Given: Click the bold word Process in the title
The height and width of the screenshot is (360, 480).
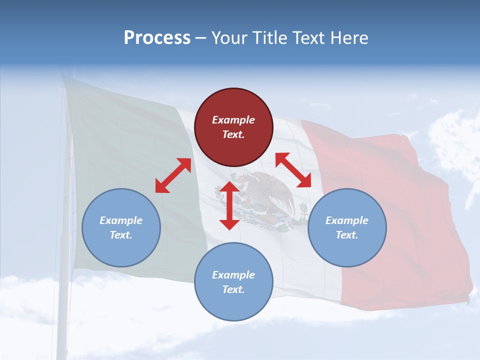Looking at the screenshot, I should [x=157, y=38].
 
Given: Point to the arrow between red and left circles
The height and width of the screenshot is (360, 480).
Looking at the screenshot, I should [x=173, y=175].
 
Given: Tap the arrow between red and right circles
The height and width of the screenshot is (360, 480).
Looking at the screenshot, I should [x=293, y=170].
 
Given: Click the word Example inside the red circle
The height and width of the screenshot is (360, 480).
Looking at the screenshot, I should [x=233, y=120].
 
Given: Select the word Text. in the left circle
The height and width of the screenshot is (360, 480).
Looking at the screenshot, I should [x=121, y=235].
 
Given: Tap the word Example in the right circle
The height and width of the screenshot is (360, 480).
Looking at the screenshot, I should [x=347, y=220].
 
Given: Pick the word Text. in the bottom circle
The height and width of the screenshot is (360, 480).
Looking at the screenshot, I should [x=233, y=289].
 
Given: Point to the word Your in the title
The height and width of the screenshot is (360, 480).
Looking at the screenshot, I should [x=228, y=38].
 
